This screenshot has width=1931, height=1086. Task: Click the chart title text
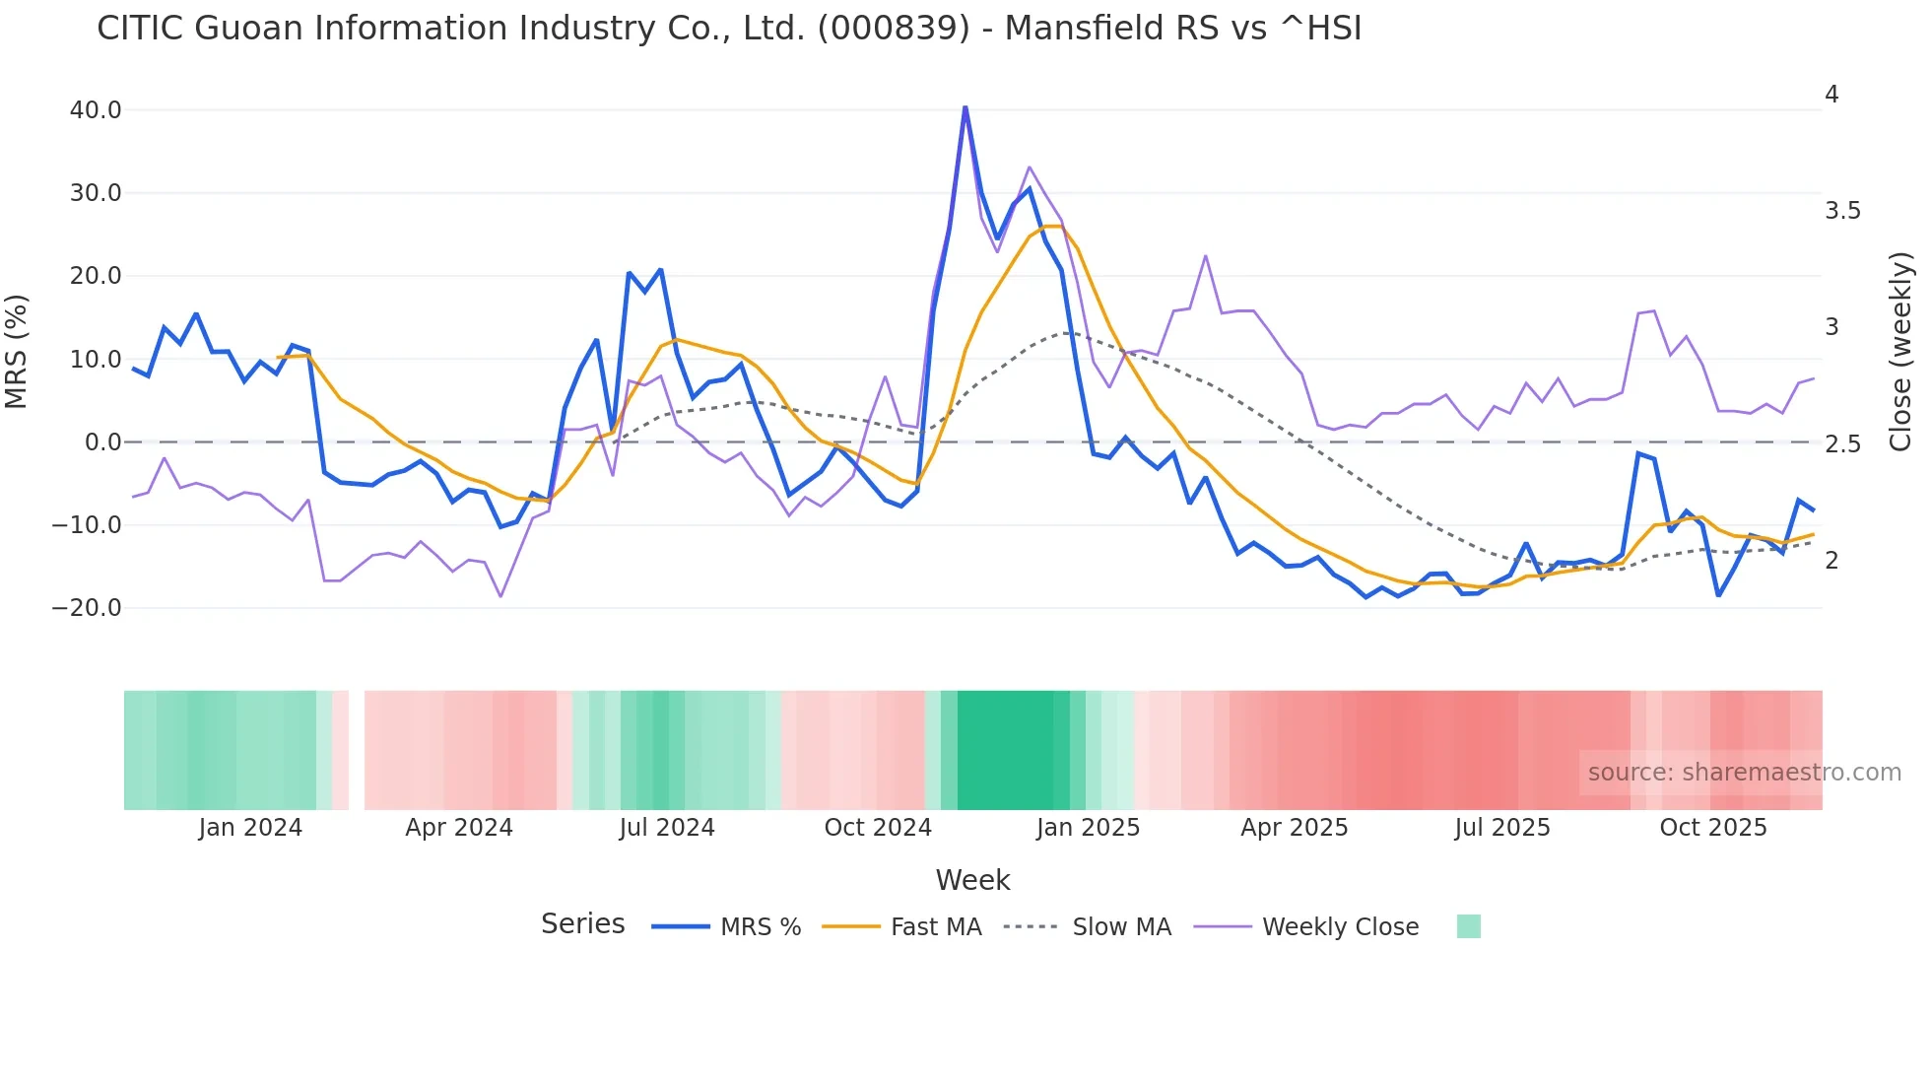point(729,29)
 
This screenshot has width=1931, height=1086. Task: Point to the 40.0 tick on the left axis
point(96,110)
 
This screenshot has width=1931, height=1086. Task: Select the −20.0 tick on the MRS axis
point(87,608)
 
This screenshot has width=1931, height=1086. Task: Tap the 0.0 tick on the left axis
point(103,442)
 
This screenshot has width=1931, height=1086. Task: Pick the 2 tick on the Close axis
point(1831,561)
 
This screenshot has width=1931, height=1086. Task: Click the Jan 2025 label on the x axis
point(1088,828)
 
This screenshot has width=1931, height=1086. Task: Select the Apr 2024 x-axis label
point(459,828)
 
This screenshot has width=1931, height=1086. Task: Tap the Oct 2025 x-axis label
point(1713,828)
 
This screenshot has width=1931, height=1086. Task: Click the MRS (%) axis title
point(17,352)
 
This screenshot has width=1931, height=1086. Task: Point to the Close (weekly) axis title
point(1900,352)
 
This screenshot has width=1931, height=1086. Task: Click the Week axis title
point(972,880)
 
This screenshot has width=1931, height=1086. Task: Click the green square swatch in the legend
point(1468,926)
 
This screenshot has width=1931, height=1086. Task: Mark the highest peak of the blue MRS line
point(965,107)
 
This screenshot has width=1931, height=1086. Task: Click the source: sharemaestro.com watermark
point(1744,773)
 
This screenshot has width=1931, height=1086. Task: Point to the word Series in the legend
point(582,924)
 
